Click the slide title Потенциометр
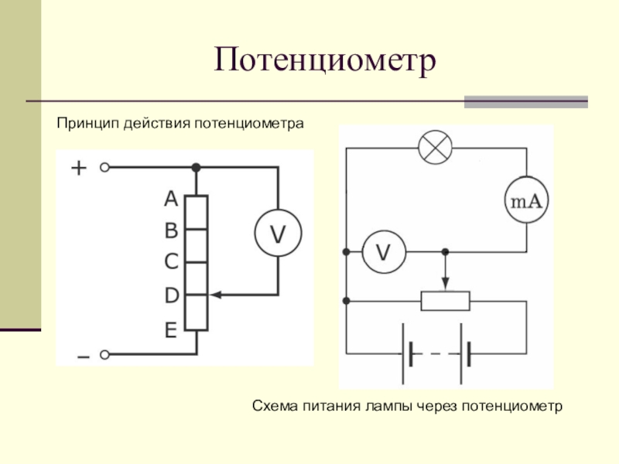pyautogui.click(x=325, y=61)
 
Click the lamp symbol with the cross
pyautogui.click(x=435, y=148)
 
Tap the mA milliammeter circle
pyautogui.click(x=527, y=200)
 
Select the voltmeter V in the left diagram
pyautogui.click(x=278, y=234)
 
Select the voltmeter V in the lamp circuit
pyautogui.click(x=384, y=252)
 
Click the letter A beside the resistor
pyautogui.click(x=171, y=199)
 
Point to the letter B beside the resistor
pyautogui.click(x=171, y=230)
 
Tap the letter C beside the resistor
pyautogui.click(x=171, y=261)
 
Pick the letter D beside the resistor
pyautogui.click(x=171, y=295)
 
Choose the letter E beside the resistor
pyautogui.click(x=170, y=330)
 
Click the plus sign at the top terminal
pyautogui.click(x=79, y=168)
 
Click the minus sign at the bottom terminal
pyautogui.click(x=84, y=357)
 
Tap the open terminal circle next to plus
pyautogui.click(x=104, y=167)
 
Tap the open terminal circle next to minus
pyautogui.click(x=104, y=355)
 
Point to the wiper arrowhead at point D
pyautogui.click(x=216, y=295)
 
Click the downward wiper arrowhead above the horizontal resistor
pyautogui.click(x=446, y=283)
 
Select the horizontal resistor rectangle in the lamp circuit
pyautogui.click(x=446, y=301)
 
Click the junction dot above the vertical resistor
pyautogui.click(x=196, y=168)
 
